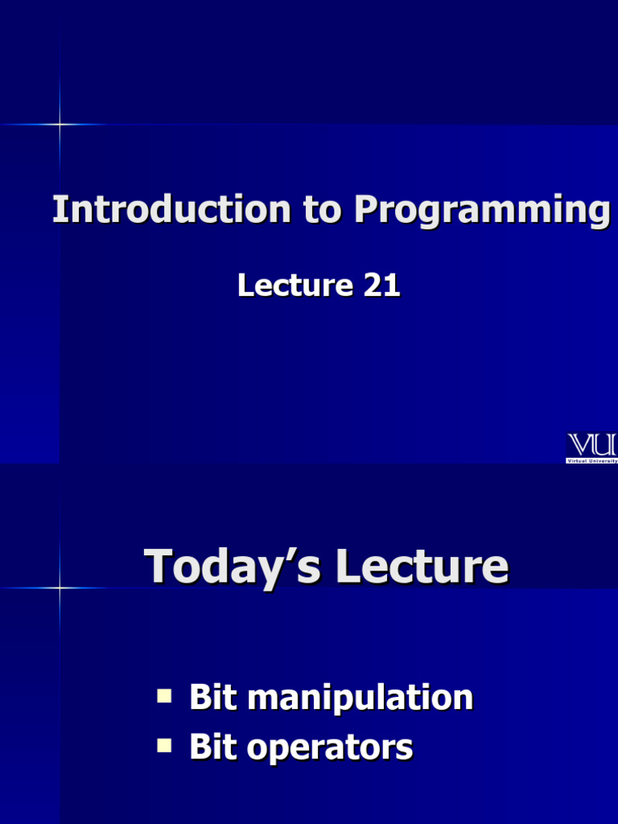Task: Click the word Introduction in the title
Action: tap(172, 209)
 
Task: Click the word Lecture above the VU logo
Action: tap(295, 286)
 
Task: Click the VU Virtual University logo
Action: tap(591, 447)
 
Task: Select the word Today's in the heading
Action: tap(233, 567)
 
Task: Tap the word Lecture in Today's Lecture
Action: tap(422, 566)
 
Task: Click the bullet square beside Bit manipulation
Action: tap(164, 696)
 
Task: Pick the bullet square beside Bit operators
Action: tap(164, 746)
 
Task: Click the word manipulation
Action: tap(360, 698)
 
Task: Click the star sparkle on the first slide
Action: tap(60, 125)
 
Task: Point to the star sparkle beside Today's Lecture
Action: tap(60, 587)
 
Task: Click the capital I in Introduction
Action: tap(57, 209)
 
